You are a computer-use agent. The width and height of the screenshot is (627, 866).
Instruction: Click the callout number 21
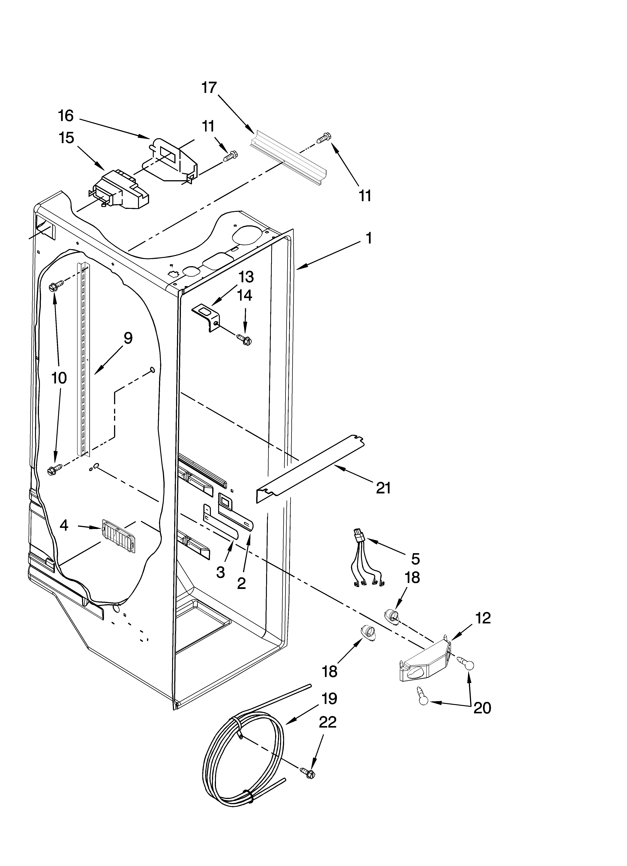[383, 488]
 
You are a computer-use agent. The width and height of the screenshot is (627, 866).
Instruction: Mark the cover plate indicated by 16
[172, 160]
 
